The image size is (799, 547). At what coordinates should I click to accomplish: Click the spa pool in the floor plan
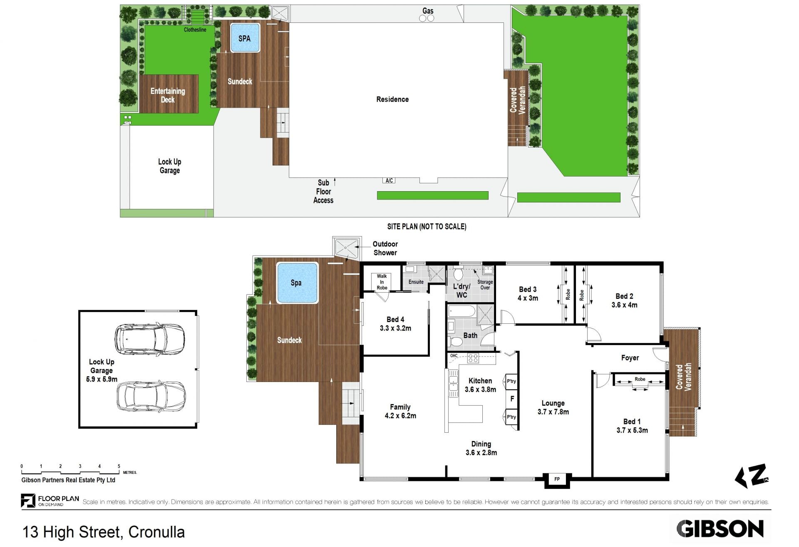coord(296,283)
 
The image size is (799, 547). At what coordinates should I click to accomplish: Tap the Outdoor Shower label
coord(385,248)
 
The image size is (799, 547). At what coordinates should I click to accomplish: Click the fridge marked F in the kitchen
coord(512,399)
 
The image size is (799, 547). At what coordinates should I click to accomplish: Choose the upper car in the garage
coord(149,339)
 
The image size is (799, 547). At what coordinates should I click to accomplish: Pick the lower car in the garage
coord(151,396)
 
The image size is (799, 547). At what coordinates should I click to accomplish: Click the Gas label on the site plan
coord(428,11)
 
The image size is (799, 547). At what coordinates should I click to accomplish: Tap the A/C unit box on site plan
coord(389,180)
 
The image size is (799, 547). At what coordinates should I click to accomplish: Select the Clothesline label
coord(195,30)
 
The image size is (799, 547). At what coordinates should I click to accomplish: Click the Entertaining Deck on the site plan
coord(168,94)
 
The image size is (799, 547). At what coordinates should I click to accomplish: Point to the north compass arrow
coord(751,476)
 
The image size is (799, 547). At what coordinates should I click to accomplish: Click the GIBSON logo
coord(720,529)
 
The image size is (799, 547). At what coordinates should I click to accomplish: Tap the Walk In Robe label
coord(382,282)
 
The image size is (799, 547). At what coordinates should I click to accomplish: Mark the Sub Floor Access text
coord(323,191)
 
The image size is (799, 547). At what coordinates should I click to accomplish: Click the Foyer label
coord(630,358)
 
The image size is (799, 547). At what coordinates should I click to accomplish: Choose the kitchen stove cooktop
coord(473,358)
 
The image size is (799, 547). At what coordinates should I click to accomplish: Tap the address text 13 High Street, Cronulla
coord(104,532)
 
